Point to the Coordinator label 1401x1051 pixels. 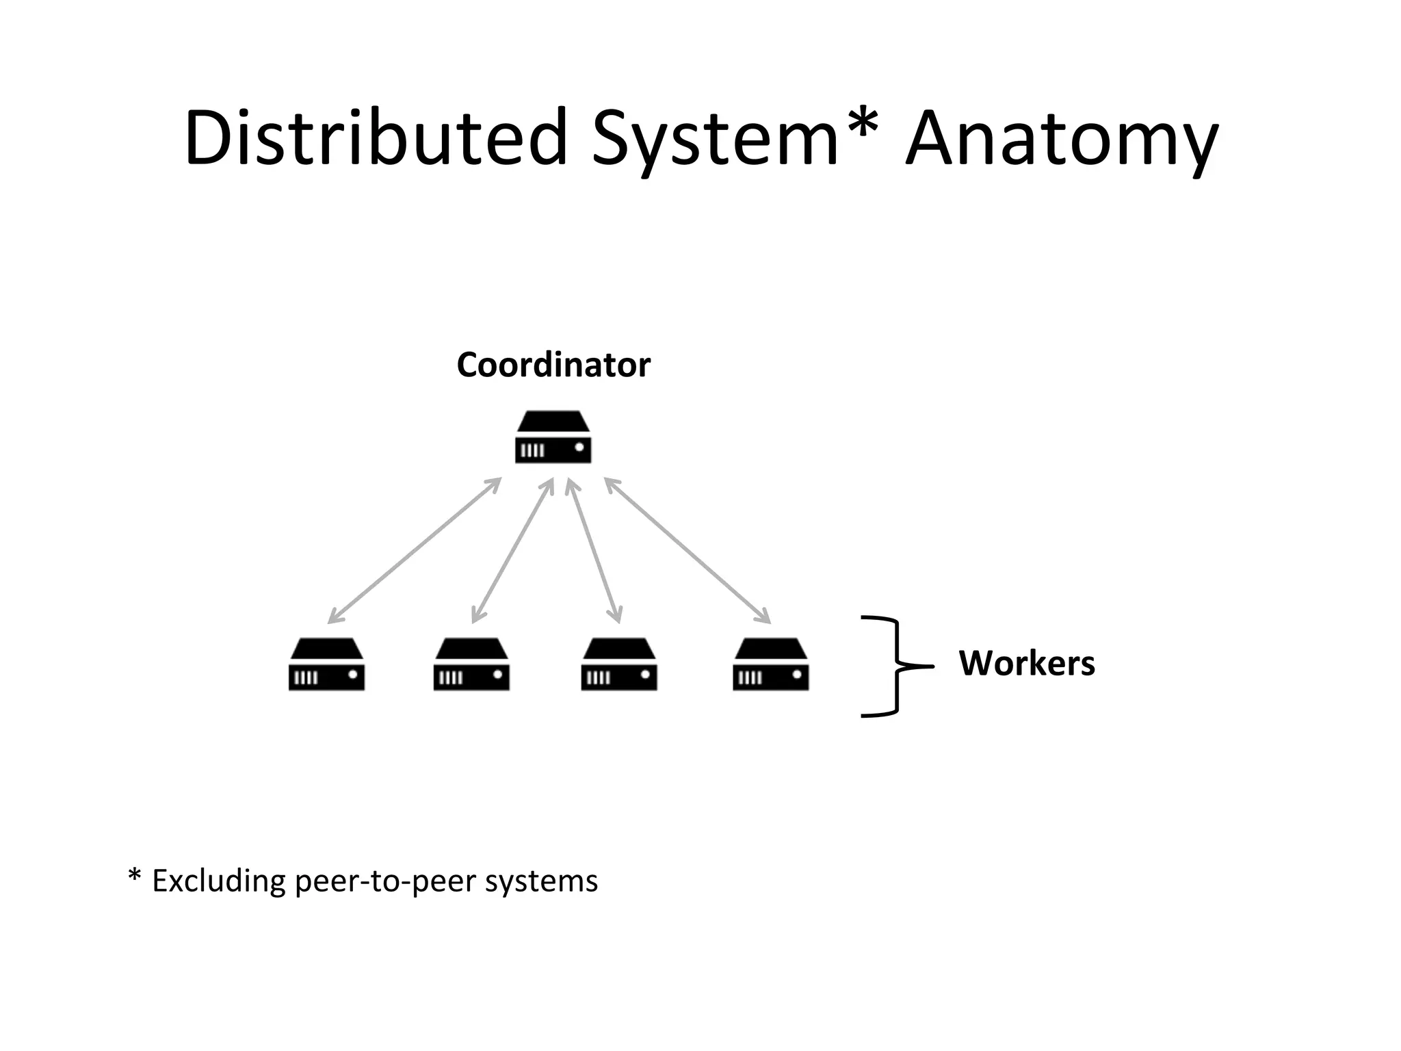pyautogui.click(x=553, y=365)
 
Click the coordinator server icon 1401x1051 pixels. pyautogui.click(x=553, y=438)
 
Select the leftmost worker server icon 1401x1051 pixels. pyautogui.click(x=326, y=665)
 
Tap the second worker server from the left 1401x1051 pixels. pyautogui.click(x=471, y=665)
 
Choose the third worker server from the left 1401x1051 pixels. pyautogui.click(x=618, y=665)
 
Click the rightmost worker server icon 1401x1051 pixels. pyautogui.click(x=770, y=665)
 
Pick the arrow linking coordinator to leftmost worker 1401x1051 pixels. pyautogui.click(x=415, y=551)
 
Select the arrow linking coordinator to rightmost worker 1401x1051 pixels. pyautogui.click(x=688, y=551)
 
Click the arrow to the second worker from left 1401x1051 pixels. pyautogui.click(x=512, y=551)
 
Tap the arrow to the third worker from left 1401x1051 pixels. pyautogui.click(x=594, y=551)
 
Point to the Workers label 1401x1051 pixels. pyautogui.click(x=1027, y=663)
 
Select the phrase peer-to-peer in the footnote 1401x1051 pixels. pyautogui.click(x=387, y=881)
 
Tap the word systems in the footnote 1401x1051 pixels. pyautogui.click(x=541, y=881)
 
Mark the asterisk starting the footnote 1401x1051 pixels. pyautogui.click(x=135, y=876)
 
